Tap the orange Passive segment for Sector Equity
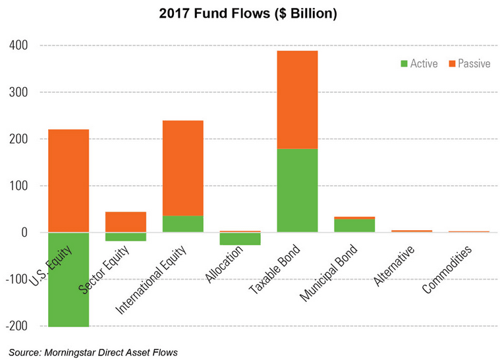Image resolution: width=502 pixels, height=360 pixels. [x=126, y=222]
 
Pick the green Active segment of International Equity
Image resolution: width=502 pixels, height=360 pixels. [x=183, y=224]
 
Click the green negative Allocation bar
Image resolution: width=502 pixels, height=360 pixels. [x=240, y=239]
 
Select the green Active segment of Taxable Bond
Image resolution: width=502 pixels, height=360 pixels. [x=298, y=191]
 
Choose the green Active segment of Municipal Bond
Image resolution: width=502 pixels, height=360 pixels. [x=355, y=225]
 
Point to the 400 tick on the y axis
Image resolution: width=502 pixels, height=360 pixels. [x=18, y=45]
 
